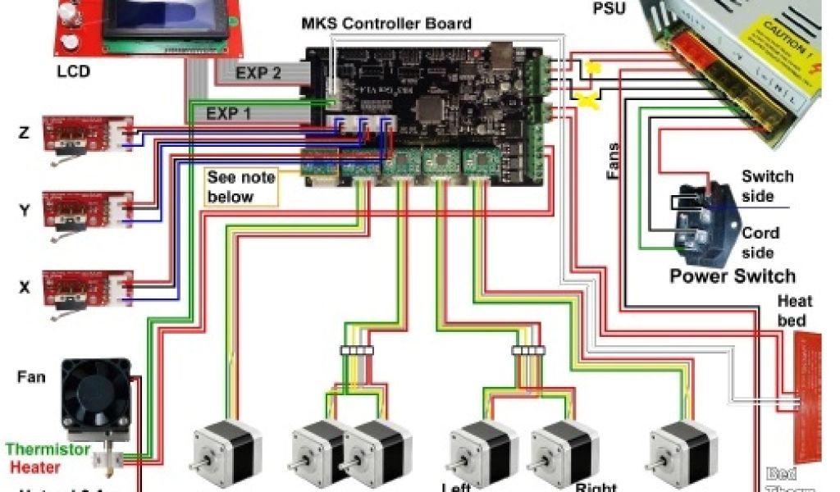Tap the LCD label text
click(73, 71)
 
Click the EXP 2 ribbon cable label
click(258, 73)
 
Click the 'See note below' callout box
click(241, 187)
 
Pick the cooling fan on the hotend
click(96, 399)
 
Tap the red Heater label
click(35, 467)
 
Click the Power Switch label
click(733, 276)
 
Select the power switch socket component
click(701, 220)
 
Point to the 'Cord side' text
click(758, 242)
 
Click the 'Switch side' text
click(767, 186)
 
